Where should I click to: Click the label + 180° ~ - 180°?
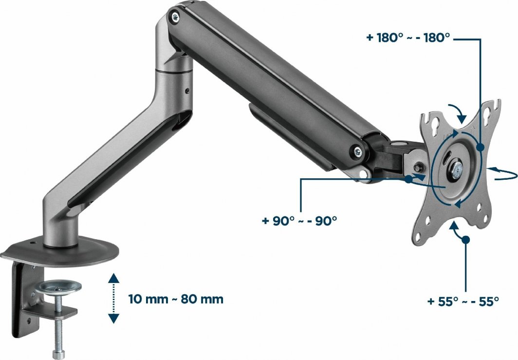click(408, 38)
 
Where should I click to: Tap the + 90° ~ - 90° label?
click(299, 220)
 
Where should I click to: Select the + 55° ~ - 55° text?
click(463, 302)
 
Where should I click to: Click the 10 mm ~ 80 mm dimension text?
click(176, 299)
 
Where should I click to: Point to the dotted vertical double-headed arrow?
click(113, 298)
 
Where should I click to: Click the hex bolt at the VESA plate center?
click(457, 170)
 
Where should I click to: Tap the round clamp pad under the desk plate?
click(58, 286)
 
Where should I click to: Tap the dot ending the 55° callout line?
click(465, 239)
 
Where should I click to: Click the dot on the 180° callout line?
click(480, 147)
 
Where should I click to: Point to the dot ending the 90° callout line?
click(408, 179)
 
